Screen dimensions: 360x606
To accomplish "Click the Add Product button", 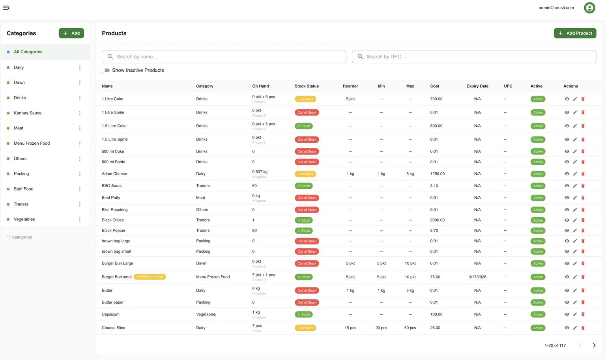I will (575, 33).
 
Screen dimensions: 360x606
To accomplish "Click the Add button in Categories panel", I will (71, 33).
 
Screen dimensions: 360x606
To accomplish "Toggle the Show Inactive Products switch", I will (105, 70).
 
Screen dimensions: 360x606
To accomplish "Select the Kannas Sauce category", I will (28, 113).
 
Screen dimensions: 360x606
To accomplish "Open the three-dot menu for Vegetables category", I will (80, 219).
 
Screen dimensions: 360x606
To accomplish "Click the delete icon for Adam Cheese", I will (583, 174).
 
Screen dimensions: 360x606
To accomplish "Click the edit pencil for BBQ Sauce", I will (575, 186).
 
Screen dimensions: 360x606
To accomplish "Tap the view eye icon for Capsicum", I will (567, 314).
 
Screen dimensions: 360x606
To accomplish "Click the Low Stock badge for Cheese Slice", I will (305, 328).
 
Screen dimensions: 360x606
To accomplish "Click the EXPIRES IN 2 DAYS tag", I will (150, 277).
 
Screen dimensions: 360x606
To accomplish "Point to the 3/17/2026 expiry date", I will (477, 277).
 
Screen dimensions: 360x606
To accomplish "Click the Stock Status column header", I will (307, 86).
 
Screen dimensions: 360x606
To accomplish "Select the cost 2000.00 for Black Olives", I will (437, 220).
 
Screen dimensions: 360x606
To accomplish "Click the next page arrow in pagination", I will (594, 345).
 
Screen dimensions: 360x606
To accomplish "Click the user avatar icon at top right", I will (589, 7).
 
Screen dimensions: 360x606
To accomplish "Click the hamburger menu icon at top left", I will (6, 7).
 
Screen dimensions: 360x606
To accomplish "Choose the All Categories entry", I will (28, 52).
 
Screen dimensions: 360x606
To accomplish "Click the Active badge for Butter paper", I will (538, 302).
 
